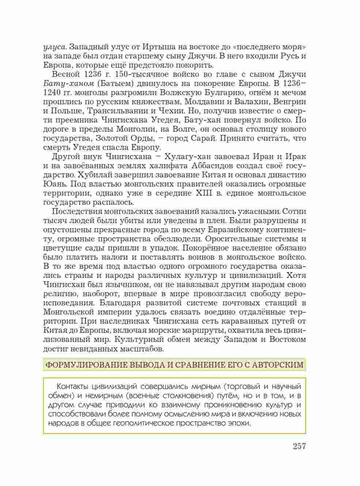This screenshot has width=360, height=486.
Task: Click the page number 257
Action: (299, 446)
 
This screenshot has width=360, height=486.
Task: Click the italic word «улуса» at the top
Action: (55, 47)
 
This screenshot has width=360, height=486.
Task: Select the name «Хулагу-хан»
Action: (187, 157)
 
